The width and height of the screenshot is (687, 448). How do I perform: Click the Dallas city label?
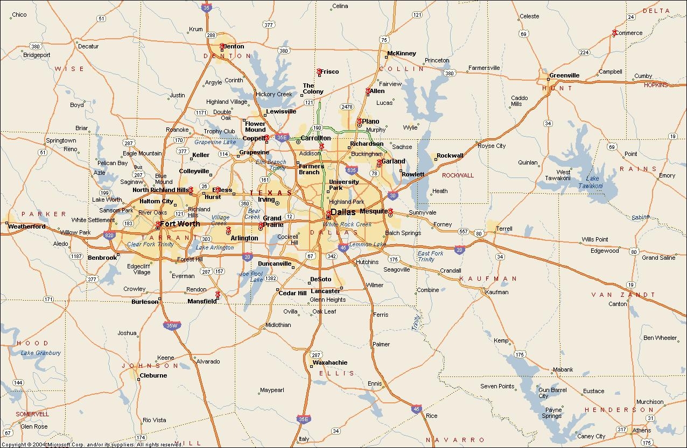point(343,212)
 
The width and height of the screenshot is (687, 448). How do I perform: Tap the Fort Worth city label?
point(180,224)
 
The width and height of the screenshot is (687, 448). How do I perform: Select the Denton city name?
point(234,47)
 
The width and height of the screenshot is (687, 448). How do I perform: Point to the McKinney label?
point(402,53)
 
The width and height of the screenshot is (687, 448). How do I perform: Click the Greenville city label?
point(564,75)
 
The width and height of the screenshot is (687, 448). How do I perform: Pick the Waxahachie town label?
point(330,362)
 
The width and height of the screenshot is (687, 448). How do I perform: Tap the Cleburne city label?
point(153,375)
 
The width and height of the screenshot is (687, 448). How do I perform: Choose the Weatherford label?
point(27,226)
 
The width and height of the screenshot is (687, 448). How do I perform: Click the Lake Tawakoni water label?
point(591,182)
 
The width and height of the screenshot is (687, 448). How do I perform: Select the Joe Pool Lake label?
point(251,276)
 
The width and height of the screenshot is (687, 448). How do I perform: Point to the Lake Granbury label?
point(41,353)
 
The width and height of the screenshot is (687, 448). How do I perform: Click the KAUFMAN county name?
point(488,279)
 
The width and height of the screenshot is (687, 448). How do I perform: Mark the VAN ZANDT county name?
point(623,295)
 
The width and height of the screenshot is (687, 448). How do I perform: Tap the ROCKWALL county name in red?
point(458,175)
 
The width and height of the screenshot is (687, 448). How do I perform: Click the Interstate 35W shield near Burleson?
point(170,325)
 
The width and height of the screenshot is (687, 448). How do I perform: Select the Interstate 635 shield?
point(352,170)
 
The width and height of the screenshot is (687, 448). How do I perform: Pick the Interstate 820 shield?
point(109,235)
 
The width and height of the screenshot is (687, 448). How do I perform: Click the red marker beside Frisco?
point(319,71)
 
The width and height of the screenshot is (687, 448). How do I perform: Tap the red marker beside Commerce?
point(614,33)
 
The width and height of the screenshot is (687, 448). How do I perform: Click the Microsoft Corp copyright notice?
point(92,445)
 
